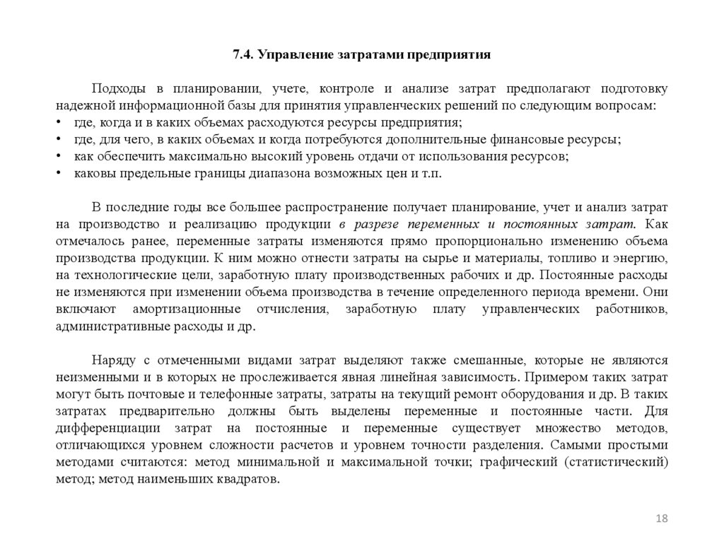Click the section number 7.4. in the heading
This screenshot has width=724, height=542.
(x=244, y=54)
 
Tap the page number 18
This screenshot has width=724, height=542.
(x=662, y=519)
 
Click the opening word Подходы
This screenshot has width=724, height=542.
(x=118, y=90)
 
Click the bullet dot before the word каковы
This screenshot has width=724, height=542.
(x=58, y=173)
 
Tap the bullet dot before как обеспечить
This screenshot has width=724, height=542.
(x=58, y=156)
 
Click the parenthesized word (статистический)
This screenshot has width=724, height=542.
(x=621, y=463)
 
